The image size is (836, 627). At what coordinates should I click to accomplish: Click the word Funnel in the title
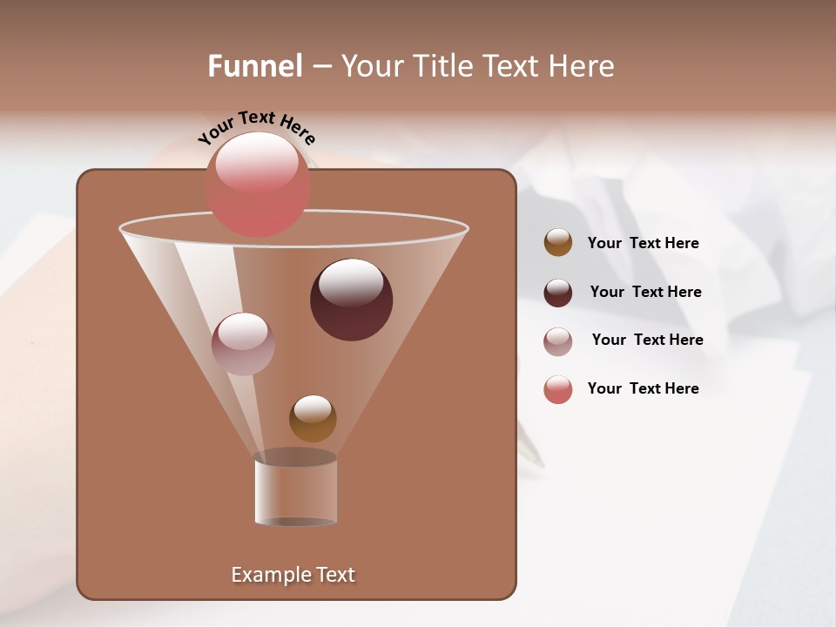(x=254, y=66)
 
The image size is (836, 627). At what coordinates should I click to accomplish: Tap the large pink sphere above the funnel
(x=258, y=185)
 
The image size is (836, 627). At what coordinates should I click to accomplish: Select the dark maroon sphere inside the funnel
(x=351, y=300)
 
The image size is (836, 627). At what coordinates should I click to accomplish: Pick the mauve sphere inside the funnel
(x=243, y=344)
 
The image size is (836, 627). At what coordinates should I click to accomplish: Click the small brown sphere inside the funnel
(x=313, y=418)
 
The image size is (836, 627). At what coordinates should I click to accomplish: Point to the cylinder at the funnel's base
(x=296, y=489)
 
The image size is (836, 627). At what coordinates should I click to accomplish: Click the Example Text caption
(x=293, y=575)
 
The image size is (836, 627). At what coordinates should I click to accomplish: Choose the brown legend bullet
(x=558, y=243)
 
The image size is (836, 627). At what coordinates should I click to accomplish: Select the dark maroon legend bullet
(x=558, y=293)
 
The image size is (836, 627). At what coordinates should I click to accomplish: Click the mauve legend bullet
(x=558, y=340)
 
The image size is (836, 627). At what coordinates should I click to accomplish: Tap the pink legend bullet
(x=558, y=389)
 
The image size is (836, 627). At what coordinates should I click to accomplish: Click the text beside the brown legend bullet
(x=643, y=244)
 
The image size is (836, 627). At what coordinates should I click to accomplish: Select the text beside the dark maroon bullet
(x=645, y=293)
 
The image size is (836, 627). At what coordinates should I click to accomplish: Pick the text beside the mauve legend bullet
(x=647, y=340)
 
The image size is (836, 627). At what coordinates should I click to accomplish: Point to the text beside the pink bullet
(x=643, y=389)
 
